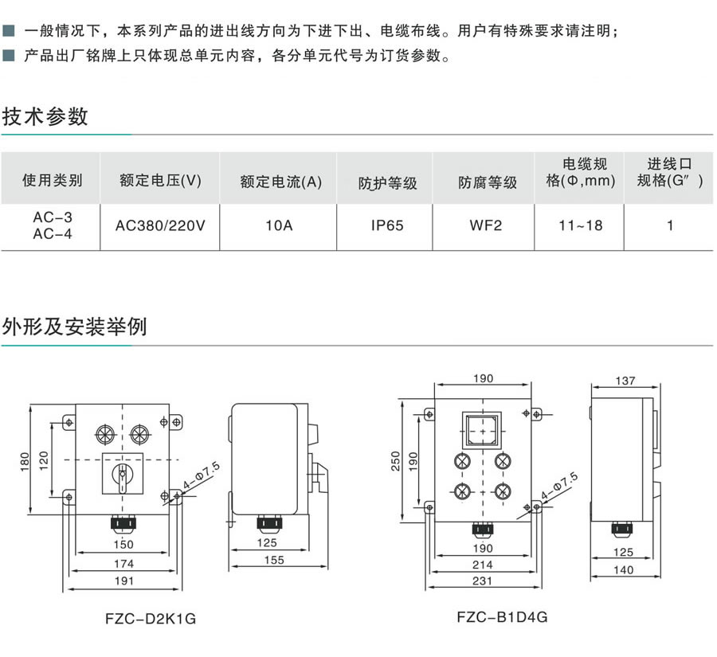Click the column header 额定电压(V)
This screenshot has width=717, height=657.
pyautogui.click(x=160, y=181)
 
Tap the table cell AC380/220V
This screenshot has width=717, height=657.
pyautogui.click(x=160, y=225)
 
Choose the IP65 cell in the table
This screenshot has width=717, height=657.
pyautogui.click(x=387, y=225)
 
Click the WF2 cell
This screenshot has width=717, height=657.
pyautogui.click(x=487, y=225)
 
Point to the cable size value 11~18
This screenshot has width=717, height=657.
pyautogui.click(x=580, y=225)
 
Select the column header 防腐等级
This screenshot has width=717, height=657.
pyautogui.click(x=487, y=182)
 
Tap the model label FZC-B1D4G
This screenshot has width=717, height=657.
pyautogui.click(x=502, y=616)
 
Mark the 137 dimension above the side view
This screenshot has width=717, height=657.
pyautogui.click(x=625, y=381)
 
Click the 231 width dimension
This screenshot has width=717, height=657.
pyautogui.click(x=482, y=581)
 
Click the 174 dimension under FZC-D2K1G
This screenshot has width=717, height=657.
pyautogui.click(x=123, y=563)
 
